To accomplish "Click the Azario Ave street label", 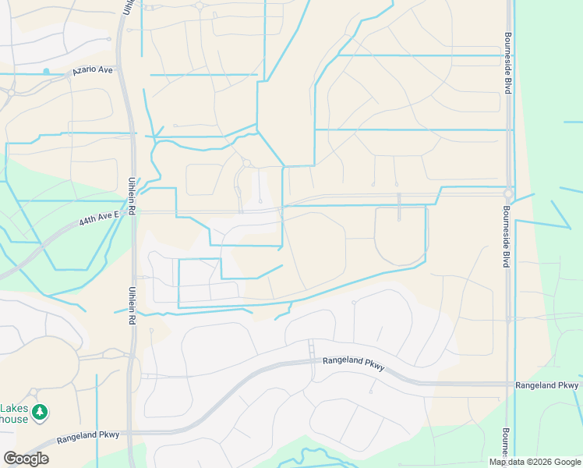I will [x=93, y=70].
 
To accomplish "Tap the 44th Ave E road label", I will [x=100, y=218].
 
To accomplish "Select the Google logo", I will [x=25, y=459].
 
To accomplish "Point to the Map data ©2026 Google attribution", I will [x=535, y=462].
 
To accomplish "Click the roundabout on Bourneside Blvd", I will [x=508, y=193].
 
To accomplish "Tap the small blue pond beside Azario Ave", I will [x=46, y=72].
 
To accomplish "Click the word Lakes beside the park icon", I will [x=14, y=409].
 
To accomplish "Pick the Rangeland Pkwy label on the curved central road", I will [x=353, y=364].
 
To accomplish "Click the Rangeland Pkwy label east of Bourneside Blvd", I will [x=546, y=385].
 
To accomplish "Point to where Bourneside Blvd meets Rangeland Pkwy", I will [x=507, y=385].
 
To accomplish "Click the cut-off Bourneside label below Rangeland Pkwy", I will [x=506, y=441].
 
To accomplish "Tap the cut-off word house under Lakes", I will [x=14, y=420].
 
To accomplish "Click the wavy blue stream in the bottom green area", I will [x=315, y=455].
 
